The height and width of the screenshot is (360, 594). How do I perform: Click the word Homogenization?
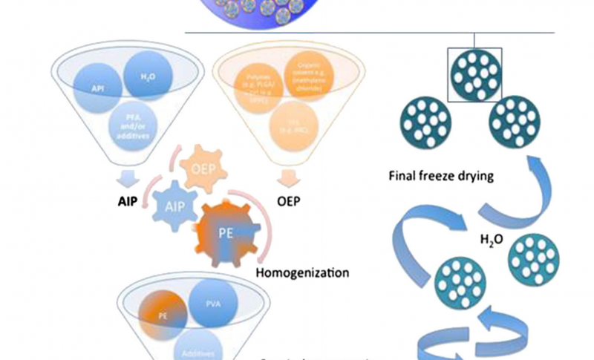click(x=301, y=272)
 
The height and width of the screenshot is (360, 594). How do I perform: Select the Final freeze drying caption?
click(x=431, y=177)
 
